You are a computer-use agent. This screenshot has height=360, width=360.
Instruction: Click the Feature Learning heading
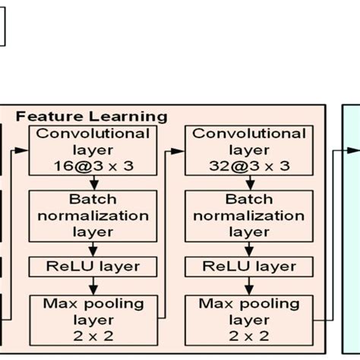point(91,116)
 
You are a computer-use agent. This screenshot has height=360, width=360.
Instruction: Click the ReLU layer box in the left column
point(92,267)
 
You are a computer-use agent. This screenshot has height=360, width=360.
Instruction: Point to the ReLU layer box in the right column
point(249,267)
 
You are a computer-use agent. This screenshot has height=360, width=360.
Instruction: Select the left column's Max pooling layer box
point(92,318)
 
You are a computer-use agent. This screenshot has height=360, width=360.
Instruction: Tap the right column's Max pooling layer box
point(249,318)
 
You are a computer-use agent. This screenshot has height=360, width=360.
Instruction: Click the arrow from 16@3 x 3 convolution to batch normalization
point(92,183)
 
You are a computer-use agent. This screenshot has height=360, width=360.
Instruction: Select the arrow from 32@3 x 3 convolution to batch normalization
point(249,183)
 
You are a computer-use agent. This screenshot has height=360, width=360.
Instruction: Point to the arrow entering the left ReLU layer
point(92,248)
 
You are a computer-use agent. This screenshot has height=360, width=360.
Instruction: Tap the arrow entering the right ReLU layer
point(249,248)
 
